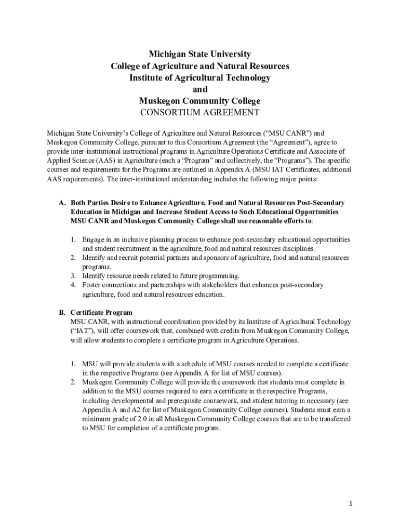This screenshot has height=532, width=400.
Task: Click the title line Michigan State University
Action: coord(200,55)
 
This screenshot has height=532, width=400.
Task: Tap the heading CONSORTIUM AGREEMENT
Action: coord(200,113)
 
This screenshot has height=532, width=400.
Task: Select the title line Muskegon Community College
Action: coord(200,101)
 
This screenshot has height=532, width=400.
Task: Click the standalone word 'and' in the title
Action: coord(200,89)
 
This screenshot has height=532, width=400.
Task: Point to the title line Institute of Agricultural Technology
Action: coord(200,78)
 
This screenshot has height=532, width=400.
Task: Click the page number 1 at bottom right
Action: coord(351,504)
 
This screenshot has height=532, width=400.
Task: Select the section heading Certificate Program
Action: coord(101,313)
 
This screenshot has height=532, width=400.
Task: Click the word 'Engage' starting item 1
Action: coord(94,240)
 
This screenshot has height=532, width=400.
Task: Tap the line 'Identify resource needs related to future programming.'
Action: coord(161,276)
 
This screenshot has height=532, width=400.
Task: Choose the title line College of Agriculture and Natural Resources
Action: coord(200,66)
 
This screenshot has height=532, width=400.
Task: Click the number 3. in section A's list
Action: coord(74,276)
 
